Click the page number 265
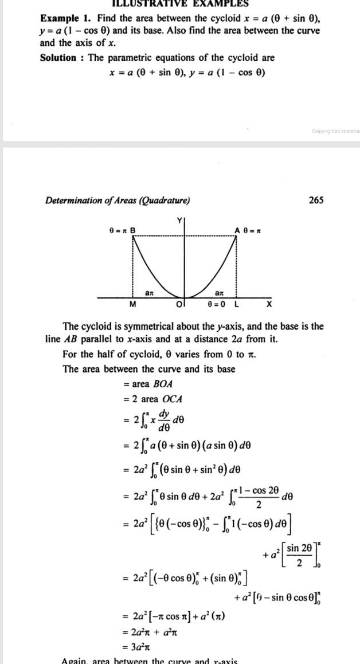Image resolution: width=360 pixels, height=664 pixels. pos(316,200)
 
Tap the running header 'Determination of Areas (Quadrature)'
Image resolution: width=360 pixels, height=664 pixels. pos(118,200)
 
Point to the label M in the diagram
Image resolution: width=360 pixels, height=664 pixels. pos(133,304)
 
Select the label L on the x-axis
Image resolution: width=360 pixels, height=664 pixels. pos(236,304)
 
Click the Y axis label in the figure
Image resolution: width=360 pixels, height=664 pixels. pos(179,221)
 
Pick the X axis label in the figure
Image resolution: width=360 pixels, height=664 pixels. pos(269,304)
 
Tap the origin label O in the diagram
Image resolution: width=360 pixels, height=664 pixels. pos(179,304)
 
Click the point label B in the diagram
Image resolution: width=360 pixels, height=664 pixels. pos(133,230)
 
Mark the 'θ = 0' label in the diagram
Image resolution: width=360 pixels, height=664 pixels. pos(216,304)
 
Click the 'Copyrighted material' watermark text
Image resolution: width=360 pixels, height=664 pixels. pos(335,131)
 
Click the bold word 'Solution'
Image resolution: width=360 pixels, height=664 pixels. pos(58,57)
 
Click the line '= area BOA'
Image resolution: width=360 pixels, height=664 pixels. pos(147,384)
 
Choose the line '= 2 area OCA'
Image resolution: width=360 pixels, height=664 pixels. pos(152,399)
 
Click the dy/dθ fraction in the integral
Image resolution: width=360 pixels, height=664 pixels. pos(165,421)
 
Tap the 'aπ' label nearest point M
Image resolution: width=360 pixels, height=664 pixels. pos(149,293)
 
